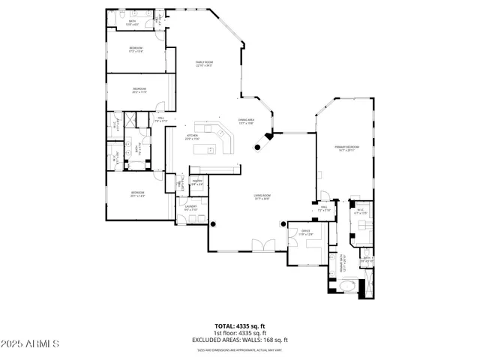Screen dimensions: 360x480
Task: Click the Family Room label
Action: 204,63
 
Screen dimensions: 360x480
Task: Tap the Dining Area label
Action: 247,121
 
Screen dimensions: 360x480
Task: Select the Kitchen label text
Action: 192,137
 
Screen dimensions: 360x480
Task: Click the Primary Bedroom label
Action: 347,148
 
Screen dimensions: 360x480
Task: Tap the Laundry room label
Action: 190,208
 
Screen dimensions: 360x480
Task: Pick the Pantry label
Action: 197,181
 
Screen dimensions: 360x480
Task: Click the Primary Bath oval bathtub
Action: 346,287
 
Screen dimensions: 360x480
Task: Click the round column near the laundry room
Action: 213,223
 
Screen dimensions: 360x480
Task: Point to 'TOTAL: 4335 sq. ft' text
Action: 240,325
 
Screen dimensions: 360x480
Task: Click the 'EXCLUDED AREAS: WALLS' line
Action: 240,340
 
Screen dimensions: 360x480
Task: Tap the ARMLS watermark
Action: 31,344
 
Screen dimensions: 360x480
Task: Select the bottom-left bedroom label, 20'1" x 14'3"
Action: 138,194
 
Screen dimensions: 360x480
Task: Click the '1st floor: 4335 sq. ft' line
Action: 240,332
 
